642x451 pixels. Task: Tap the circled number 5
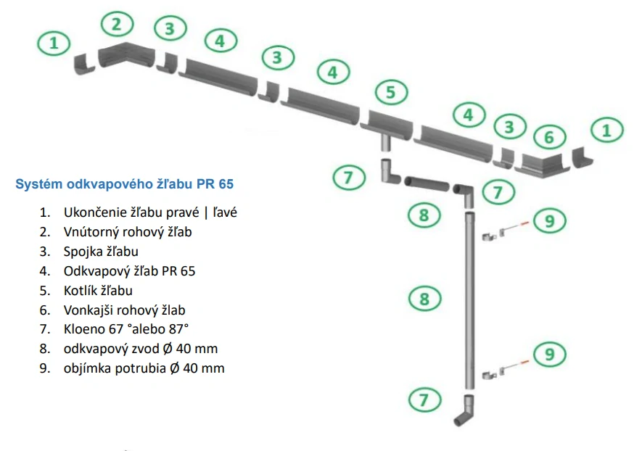click(x=390, y=92)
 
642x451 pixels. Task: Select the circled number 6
click(x=549, y=136)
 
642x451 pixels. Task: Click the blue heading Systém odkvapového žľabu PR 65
click(x=125, y=184)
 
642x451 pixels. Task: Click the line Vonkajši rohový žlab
click(x=134, y=310)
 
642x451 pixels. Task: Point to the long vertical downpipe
click(x=469, y=297)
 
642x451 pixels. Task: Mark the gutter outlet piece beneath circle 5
click(x=388, y=124)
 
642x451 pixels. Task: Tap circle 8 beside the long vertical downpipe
click(x=424, y=298)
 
